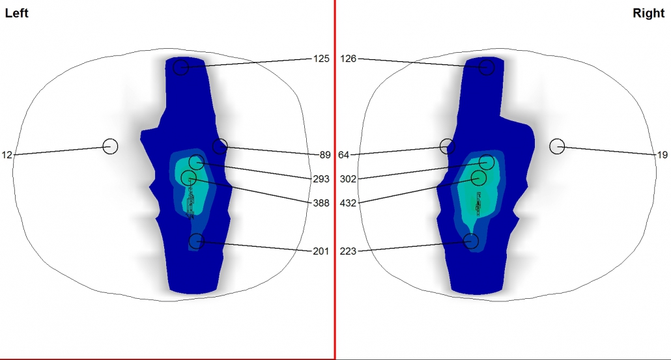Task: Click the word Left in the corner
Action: point(17,13)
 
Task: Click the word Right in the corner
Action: point(649,13)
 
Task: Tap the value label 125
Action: point(321,59)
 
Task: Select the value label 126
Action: point(349,59)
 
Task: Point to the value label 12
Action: point(7,155)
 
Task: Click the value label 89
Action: point(325,155)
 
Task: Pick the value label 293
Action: point(321,179)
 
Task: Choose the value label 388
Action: point(321,203)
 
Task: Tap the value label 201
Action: point(321,251)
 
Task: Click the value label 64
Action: point(343,155)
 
